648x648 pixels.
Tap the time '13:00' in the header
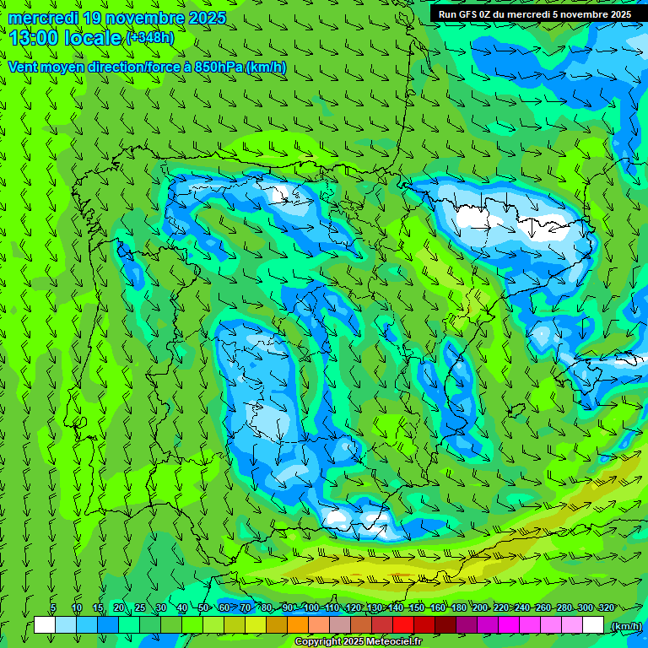(x=34, y=39)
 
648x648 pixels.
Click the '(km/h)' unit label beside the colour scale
(x=625, y=626)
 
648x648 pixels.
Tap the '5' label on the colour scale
(x=52, y=608)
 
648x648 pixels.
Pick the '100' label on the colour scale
(x=310, y=608)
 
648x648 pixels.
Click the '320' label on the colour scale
(x=606, y=608)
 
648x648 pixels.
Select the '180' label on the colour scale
(x=458, y=608)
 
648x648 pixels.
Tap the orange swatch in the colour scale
(x=298, y=625)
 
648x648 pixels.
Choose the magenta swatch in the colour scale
(x=509, y=625)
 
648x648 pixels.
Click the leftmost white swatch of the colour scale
(x=45, y=625)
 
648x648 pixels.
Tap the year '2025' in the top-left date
(x=207, y=19)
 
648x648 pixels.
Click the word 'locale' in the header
(x=93, y=39)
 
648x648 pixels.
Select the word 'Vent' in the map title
(x=24, y=67)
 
